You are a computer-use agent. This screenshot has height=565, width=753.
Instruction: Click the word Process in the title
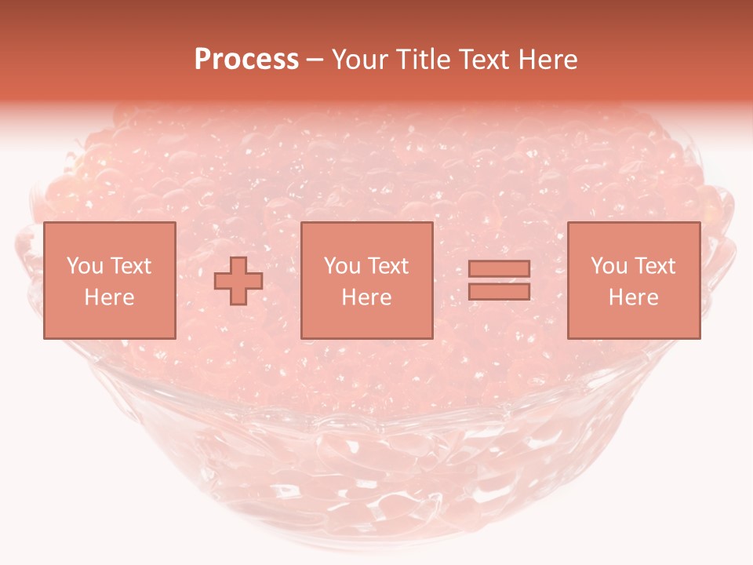point(246,60)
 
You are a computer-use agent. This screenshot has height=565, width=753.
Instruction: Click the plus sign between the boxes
point(238,281)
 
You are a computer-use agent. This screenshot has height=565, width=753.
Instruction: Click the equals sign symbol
point(499,280)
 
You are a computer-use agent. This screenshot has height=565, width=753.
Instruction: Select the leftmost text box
point(109,280)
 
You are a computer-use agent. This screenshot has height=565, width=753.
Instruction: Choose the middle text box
point(366,280)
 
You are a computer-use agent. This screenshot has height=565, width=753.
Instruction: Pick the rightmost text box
point(633,280)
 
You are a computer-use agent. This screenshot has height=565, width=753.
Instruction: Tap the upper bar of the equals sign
point(499,269)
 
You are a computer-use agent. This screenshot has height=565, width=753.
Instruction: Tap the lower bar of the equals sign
point(499,291)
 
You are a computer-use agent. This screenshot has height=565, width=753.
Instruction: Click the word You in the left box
point(84,266)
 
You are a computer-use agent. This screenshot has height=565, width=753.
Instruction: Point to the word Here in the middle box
point(366,297)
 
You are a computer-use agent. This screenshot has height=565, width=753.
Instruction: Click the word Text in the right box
point(655,266)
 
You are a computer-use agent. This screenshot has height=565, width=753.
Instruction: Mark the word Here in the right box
point(633,297)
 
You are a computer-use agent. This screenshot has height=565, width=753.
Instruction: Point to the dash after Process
point(315,60)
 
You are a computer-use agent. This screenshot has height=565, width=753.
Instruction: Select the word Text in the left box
point(130,266)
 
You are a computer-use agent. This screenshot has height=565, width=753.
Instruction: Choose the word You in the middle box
point(341,266)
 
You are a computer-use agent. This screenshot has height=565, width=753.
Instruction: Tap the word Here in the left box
point(109,297)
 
